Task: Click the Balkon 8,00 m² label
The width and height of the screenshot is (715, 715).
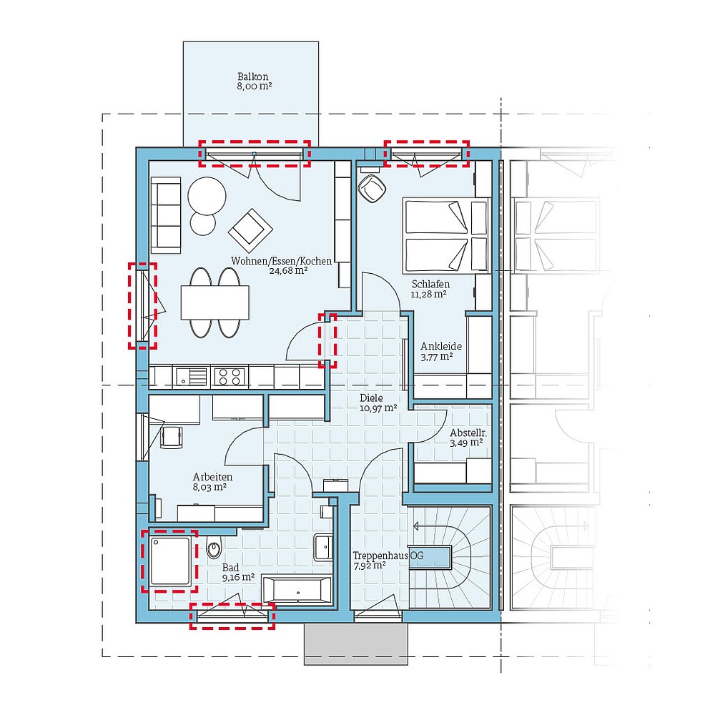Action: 254,81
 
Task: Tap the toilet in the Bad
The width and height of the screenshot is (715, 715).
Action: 214,550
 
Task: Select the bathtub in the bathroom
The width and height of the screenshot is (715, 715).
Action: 297,590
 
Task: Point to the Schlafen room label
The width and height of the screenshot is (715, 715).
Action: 430,288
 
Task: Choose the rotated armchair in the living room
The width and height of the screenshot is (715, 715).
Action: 250,229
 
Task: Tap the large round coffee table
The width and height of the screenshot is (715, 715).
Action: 207,194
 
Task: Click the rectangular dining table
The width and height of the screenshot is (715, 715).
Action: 215,302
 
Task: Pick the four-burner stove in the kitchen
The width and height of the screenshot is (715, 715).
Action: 230,375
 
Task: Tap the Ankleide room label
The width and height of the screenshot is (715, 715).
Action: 440,350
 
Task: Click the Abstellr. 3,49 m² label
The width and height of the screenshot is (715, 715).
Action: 465,438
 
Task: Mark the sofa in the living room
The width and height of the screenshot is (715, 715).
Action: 165,217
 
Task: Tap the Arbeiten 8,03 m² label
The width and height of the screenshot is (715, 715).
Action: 212,482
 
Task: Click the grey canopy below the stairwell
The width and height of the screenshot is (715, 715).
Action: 355,643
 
